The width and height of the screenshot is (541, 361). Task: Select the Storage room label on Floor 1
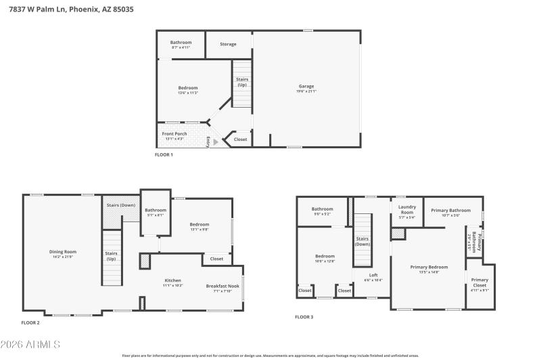[228, 44]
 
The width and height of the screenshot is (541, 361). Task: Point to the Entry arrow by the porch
[215, 142]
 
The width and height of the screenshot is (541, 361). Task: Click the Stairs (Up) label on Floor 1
[241, 82]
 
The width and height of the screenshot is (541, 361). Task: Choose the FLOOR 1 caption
[164, 155]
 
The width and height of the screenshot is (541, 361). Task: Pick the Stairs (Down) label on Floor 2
[120, 205]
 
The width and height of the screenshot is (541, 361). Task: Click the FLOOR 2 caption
[30, 323]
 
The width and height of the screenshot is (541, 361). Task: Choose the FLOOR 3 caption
[304, 316]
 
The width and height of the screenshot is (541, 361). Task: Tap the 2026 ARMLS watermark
[30, 345]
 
